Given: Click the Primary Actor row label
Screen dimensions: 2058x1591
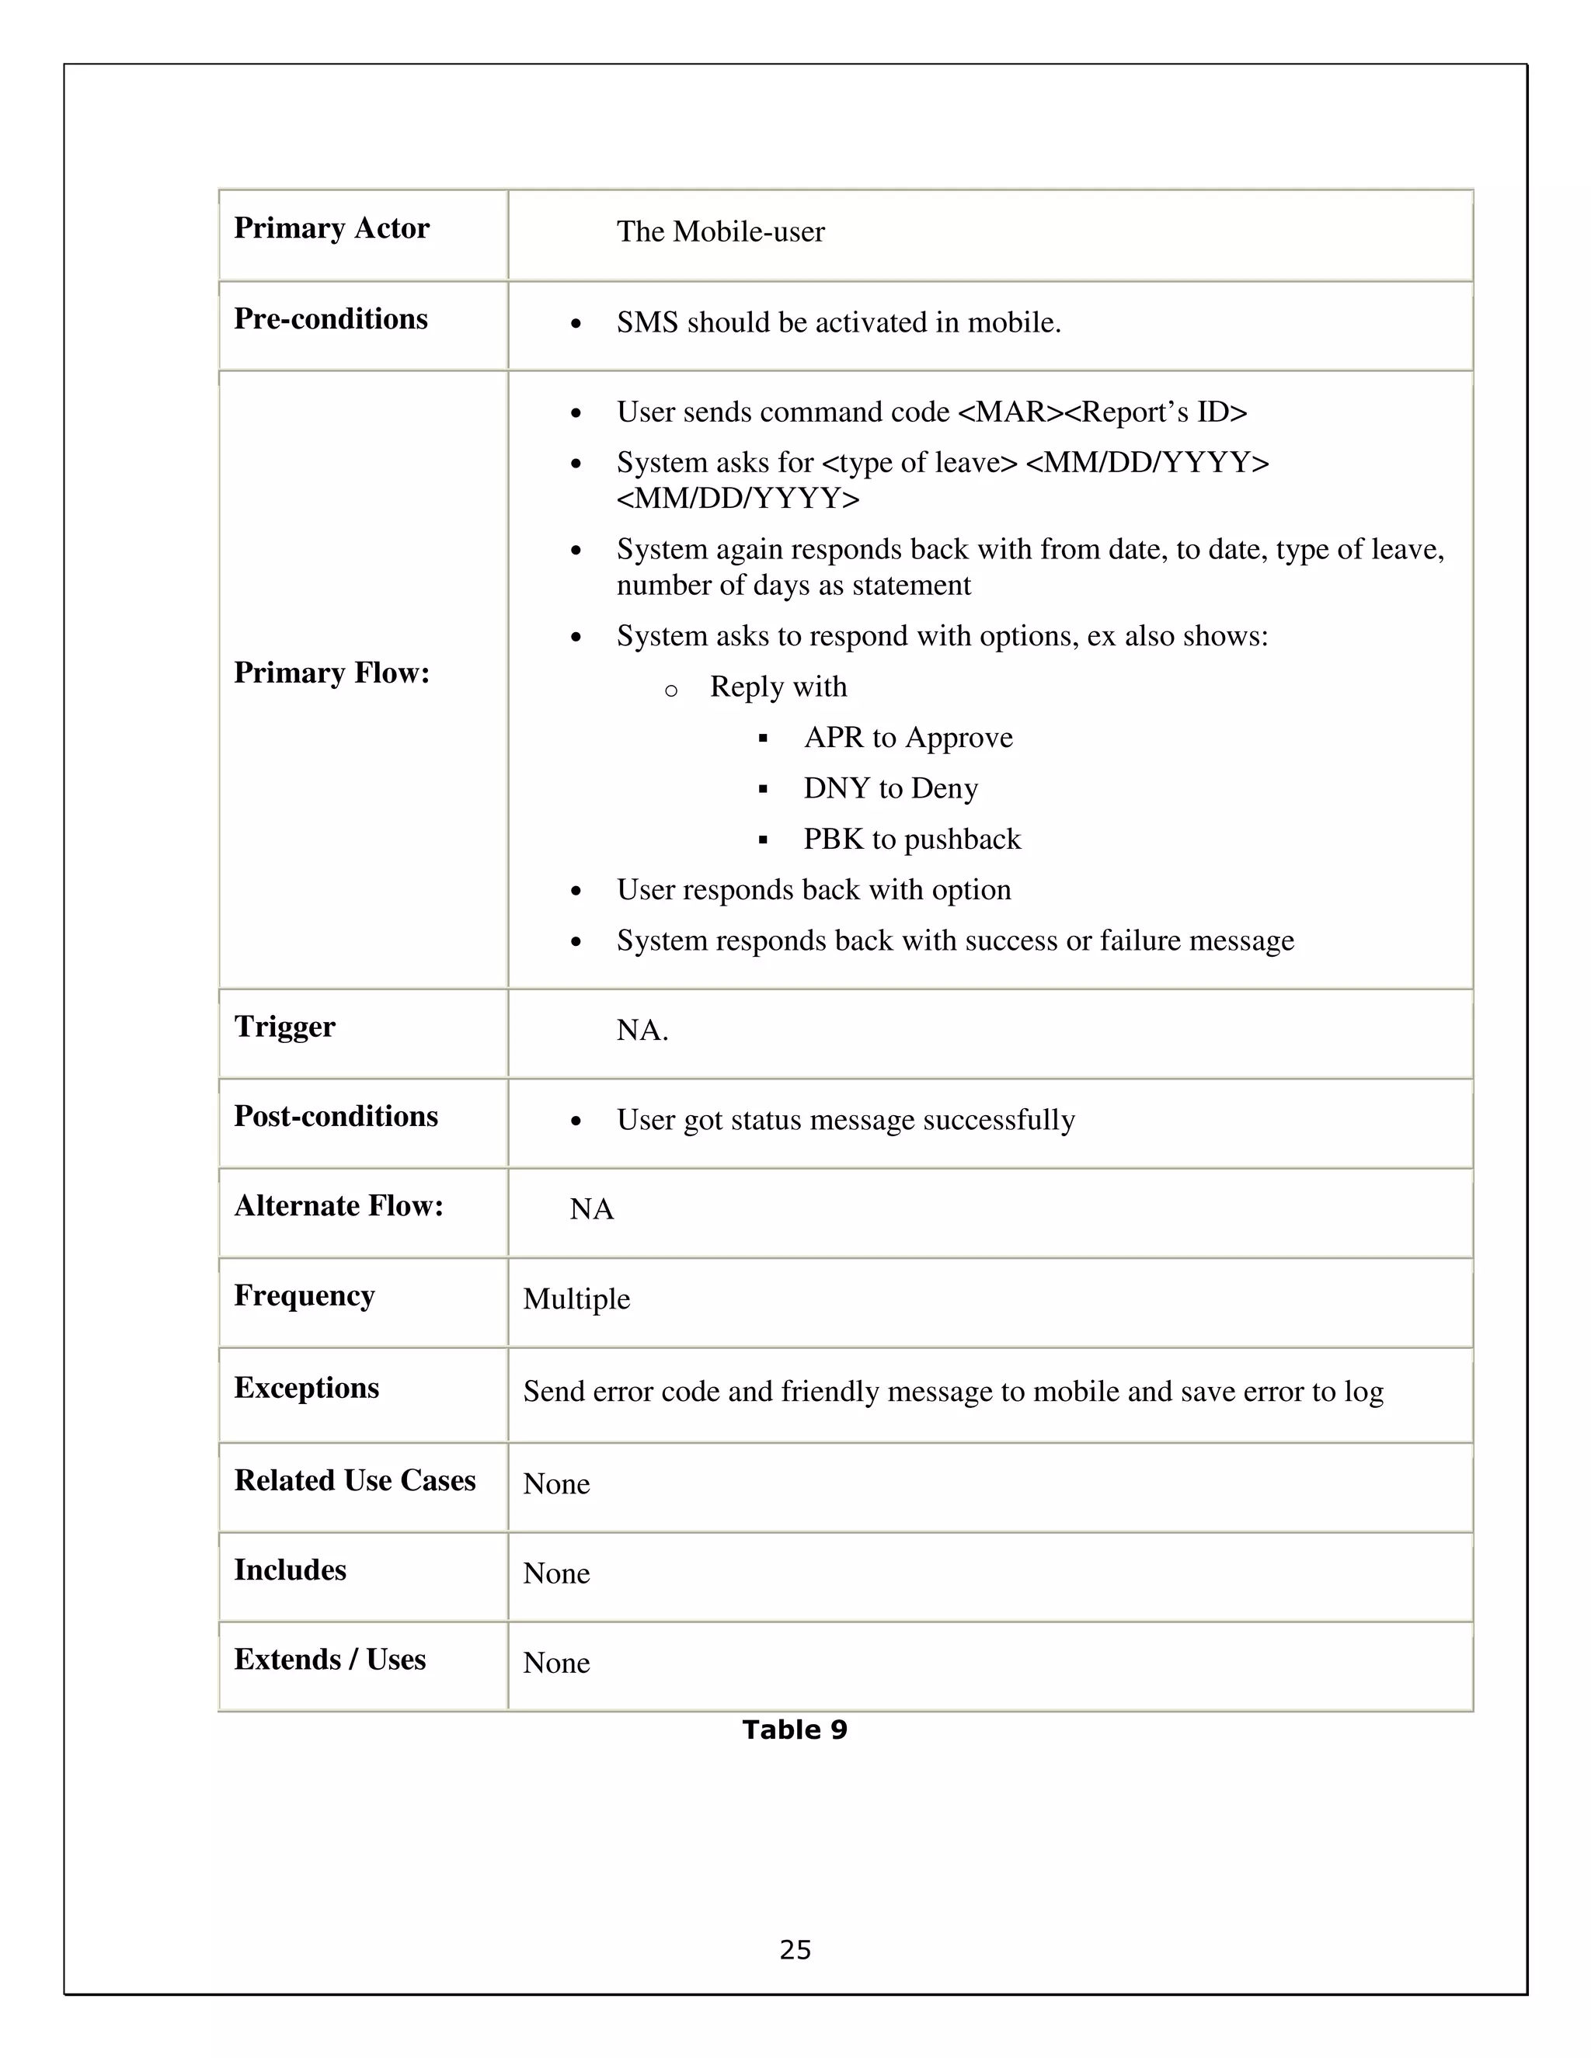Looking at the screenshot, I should pos(331,228).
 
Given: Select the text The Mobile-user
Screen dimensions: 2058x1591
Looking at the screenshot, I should pos(720,231).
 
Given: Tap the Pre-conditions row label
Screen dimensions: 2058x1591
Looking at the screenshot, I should pos(330,318).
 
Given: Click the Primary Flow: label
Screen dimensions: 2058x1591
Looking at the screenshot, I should pos(331,673).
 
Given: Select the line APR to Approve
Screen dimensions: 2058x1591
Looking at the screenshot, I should pos(907,737).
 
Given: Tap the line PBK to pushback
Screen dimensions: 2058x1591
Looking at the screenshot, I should pos(911,839).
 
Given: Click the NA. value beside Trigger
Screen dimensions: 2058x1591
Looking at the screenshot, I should pos(642,1030).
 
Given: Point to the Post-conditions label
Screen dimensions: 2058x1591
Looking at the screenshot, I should pos(336,1116).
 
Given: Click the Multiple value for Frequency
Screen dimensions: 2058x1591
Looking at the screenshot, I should pos(576,1298).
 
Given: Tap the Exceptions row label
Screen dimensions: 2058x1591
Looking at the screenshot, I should pos(306,1387).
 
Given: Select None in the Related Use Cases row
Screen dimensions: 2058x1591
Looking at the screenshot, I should pos(556,1483).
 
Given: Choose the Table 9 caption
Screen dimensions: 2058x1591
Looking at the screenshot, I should pos(795,1729).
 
